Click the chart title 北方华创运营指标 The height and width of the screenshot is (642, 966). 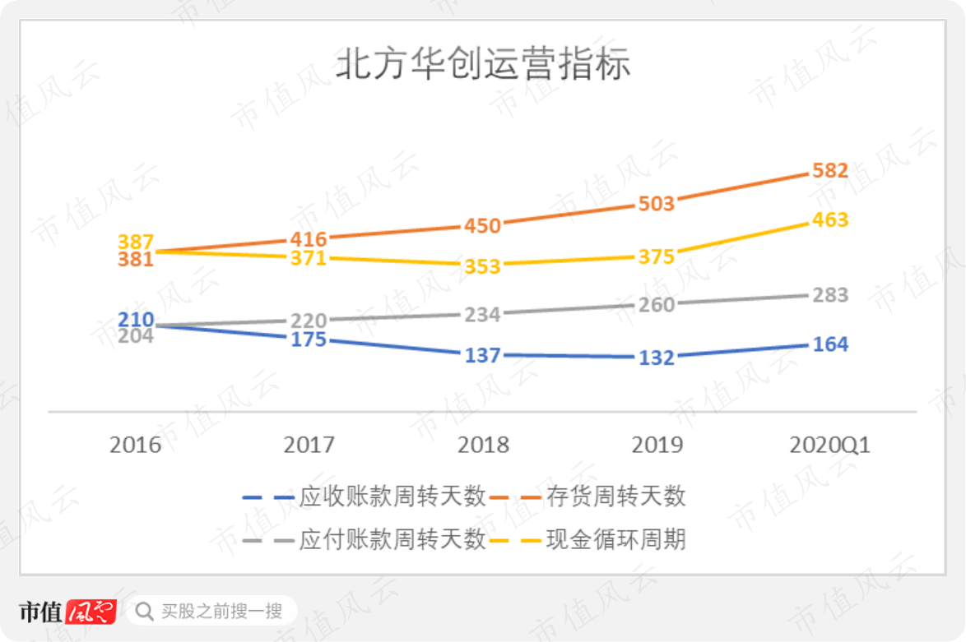pos(484,63)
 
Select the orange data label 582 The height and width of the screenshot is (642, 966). pos(830,170)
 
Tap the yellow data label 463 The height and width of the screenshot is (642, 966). pos(830,219)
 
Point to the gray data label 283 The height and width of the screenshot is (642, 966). pos(830,295)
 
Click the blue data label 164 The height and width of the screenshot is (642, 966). pos(830,344)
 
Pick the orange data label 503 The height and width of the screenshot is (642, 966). pos(656,204)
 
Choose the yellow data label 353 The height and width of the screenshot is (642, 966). pos(482,266)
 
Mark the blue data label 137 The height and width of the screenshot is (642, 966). pos(482,355)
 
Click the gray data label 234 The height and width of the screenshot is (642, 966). pos(482,315)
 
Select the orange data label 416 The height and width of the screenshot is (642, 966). pos(309,239)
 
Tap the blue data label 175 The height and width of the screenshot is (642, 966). pos(309,339)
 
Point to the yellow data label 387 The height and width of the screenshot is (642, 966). pos(136,242)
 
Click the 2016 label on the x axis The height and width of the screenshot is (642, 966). pos(136,445)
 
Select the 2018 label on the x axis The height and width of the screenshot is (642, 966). pos(483,445)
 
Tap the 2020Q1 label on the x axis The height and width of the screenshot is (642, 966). pos(830,445)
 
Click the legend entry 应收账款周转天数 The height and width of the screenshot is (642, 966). pos(364,497)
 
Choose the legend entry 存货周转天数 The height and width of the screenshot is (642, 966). pos(587,497)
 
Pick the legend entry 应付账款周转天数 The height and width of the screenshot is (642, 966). pos(364,540)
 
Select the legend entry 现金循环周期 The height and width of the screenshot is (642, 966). pos(587,540)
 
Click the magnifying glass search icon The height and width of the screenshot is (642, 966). pos(144,612)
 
